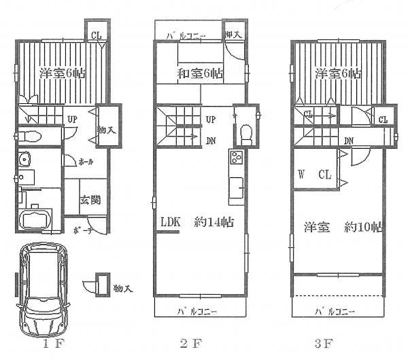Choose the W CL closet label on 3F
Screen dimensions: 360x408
click(x=315, y=175)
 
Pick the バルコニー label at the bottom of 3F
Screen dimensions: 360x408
click(x=337, y=311)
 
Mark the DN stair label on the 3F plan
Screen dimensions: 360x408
click(x=349, y=141)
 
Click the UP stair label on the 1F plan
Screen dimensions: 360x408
click(x=71, y=121)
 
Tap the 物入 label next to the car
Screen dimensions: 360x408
click(x=123, y=289)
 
